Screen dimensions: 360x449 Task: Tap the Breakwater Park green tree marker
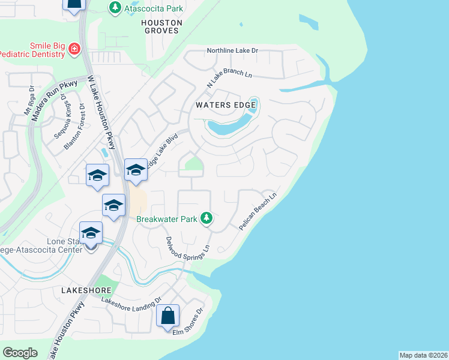tap(206, 218)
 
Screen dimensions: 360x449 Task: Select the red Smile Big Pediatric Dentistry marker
tap(74, 49)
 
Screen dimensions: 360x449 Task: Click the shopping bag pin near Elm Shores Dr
tap(168, 315)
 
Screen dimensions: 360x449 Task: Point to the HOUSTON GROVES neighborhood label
tap(160, 26)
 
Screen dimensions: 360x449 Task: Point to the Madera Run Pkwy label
tap(54, 100)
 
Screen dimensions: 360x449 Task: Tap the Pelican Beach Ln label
tap(258, 212)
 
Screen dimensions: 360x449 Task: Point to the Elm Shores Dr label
tap(188, 322)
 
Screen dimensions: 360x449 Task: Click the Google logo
tap(20, 353)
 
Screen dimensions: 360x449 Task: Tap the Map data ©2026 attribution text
tap(423, 355)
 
